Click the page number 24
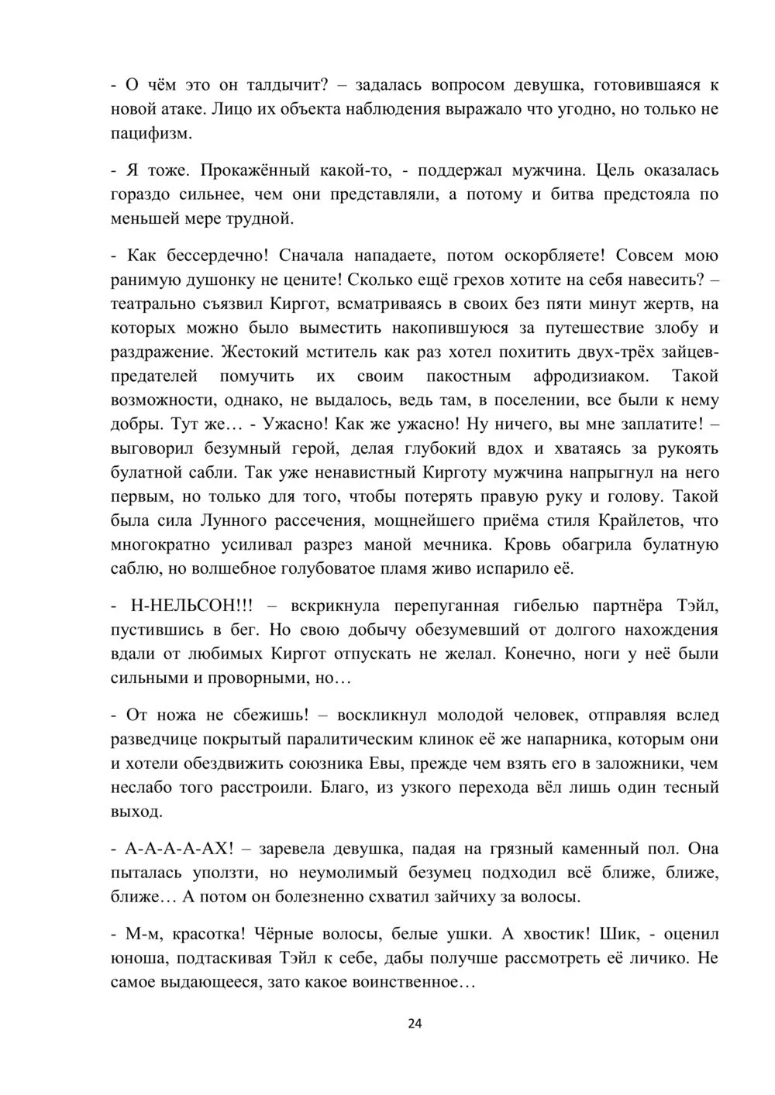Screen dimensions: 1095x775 [x=415, y=1024]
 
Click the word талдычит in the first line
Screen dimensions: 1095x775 [x=282, y=85]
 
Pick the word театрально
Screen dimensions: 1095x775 [x=155, y=304]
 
